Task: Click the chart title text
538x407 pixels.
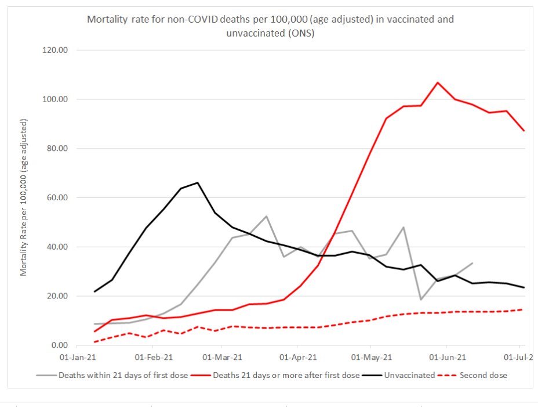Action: click(270, 26)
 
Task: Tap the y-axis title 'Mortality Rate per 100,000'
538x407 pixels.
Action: click(24, 197)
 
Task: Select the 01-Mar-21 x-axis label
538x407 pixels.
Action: click(221, 358)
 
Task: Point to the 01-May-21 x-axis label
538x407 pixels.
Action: click(369, 358)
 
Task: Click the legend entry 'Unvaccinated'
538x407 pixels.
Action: click(412, 375)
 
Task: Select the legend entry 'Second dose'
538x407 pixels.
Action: click(483, 375)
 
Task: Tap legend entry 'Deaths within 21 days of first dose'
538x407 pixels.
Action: click(123, 375)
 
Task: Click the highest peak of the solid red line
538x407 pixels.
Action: click(438, 82)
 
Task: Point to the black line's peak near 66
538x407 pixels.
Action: click(198, 183)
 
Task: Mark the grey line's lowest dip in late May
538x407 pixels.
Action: click(421, 300)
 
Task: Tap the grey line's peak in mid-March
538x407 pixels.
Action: click(266, 217)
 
